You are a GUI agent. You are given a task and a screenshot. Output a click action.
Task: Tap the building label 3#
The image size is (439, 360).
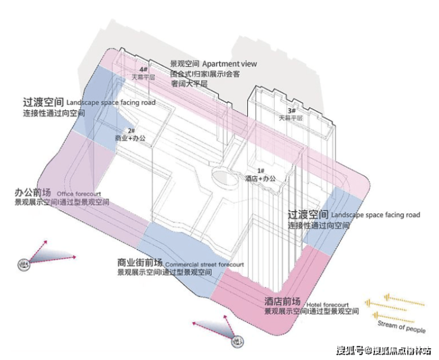[x=291, y=111]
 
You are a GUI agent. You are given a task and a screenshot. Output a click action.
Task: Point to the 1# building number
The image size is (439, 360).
[x=261, y=171]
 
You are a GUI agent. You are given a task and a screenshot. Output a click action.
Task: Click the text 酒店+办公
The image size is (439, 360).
[x=261, y=178]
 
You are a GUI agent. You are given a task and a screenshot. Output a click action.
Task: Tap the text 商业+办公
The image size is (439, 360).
[x=131, y=138]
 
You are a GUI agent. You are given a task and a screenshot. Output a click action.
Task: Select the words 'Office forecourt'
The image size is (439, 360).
[x=79, y=194]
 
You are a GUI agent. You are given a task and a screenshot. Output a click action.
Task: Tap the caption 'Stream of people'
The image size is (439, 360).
[x=401, y=327]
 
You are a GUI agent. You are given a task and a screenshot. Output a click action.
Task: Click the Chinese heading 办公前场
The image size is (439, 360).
[x=33, y=193]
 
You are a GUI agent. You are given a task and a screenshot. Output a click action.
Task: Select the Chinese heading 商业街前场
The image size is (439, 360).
[x=140, y=262]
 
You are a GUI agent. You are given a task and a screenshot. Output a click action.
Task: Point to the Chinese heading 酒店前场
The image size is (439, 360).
[x=282, y=301]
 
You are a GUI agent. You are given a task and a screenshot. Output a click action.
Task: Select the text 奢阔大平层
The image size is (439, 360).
[x=189, y=84]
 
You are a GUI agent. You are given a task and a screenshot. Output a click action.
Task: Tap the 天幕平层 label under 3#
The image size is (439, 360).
[x=291, y=118]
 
